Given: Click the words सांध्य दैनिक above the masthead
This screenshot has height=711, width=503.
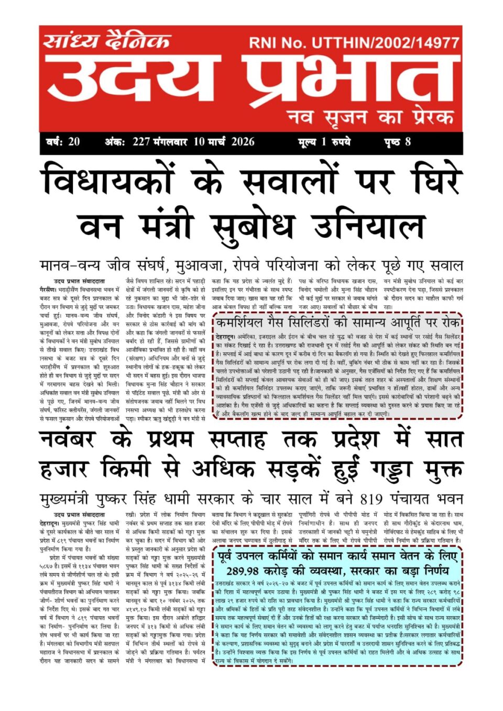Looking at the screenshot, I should [107, 41].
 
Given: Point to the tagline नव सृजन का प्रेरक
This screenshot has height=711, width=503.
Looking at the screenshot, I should [370, 116].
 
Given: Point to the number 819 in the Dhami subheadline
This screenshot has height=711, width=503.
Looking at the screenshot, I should [375, 498].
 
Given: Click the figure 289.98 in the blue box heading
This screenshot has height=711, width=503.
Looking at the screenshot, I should [243, 571].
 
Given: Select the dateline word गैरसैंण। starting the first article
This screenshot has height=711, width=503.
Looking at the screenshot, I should [51, 289].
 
